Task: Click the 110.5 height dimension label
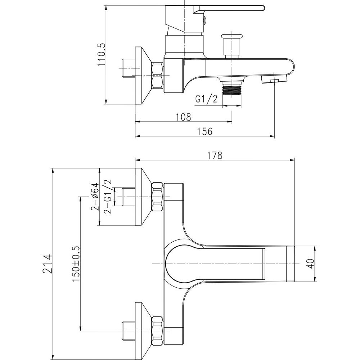coord(102,55)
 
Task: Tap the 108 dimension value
coord(183,117)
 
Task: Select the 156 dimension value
coord(205,131)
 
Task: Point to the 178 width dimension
coord(215,156)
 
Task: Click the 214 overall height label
coord(48,264)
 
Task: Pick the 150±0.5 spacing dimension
coord(76,264)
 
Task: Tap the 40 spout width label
coord(310,264)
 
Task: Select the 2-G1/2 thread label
coord(107,197)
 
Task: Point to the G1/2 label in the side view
coord(206,99)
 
